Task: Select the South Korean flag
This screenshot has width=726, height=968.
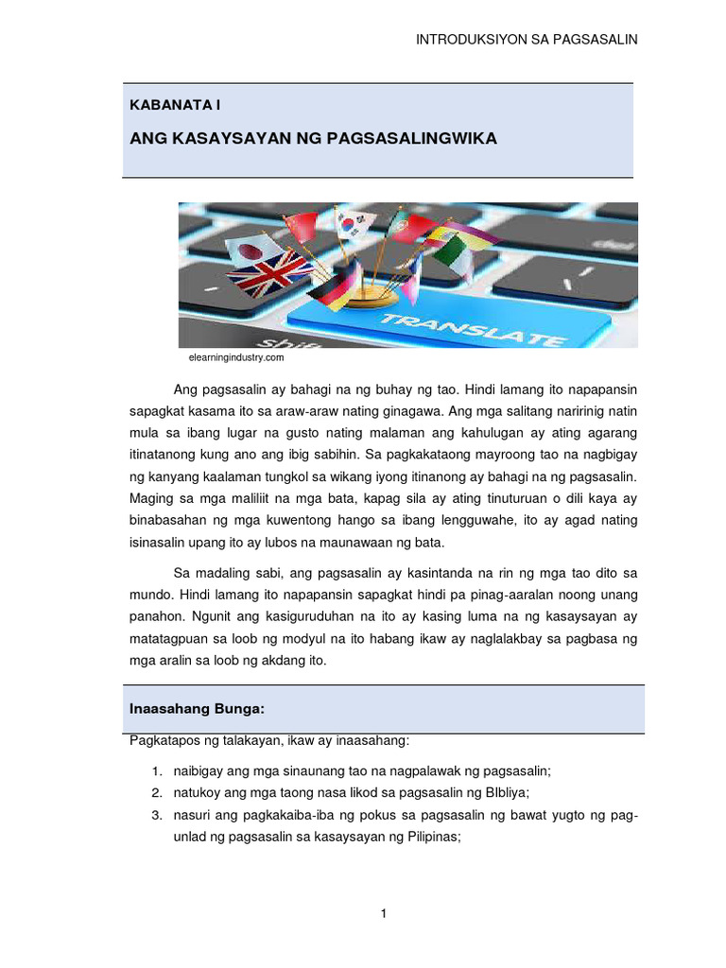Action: [x=356, y=224]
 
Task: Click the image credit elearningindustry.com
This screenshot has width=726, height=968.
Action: [x=231, y=358]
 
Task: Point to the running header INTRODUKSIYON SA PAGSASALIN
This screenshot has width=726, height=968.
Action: [x=527, y=39]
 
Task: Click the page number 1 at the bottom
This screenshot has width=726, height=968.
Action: [x=384, y=913]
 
